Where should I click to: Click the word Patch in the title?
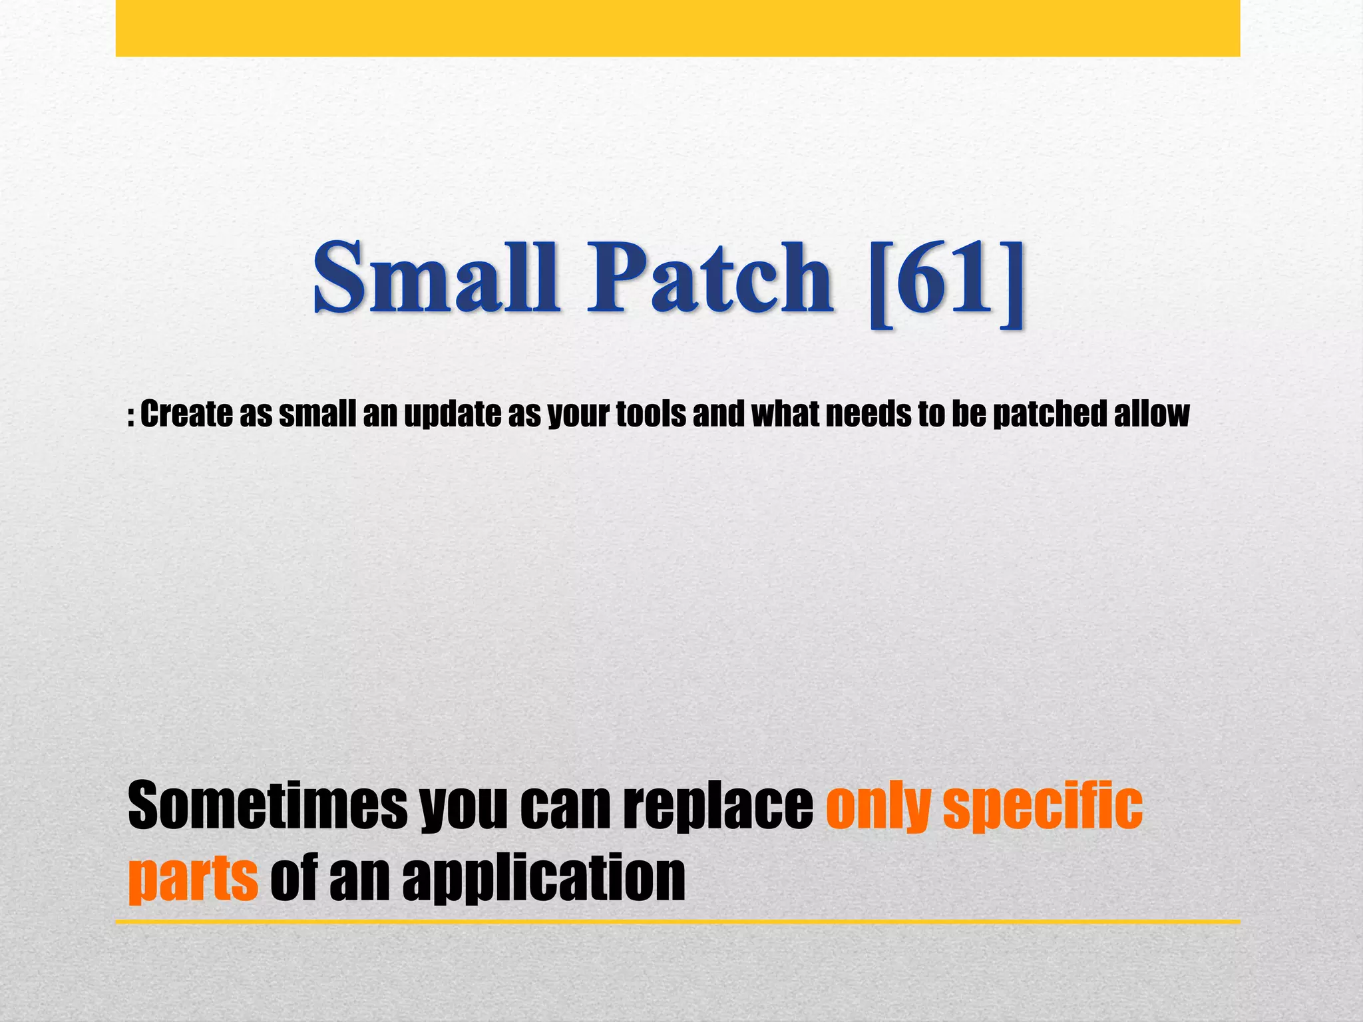point(709,278)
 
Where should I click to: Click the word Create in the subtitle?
point(186,414)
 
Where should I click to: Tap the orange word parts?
point(193,880)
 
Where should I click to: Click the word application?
point(544,880)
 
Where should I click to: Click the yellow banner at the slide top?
point(678,28)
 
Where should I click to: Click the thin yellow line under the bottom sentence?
point(678,922)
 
